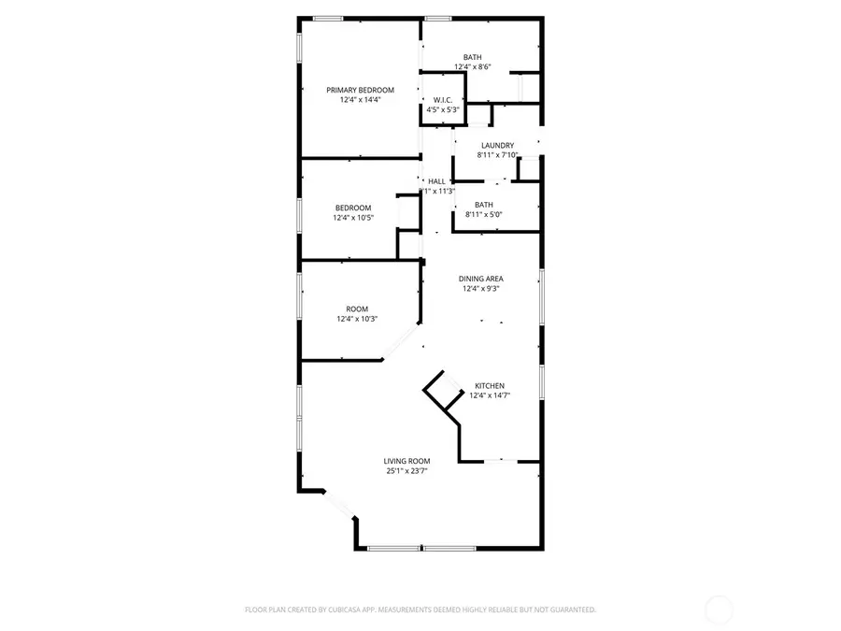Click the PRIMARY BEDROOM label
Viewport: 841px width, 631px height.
360,90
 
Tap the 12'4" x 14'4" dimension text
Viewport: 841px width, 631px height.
360,99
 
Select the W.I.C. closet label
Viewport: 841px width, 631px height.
442,100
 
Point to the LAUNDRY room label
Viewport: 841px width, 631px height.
497,145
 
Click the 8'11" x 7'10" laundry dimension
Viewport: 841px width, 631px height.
497,155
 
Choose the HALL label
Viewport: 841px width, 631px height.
436,180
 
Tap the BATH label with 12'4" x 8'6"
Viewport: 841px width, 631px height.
473,57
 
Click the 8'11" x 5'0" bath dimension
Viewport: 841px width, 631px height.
484,215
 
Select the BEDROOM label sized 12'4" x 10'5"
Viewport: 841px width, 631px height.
353,208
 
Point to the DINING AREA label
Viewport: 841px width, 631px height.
480,279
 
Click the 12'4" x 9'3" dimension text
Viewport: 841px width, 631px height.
480,289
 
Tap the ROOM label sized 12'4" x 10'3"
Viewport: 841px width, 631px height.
357,308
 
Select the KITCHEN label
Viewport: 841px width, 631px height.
490,386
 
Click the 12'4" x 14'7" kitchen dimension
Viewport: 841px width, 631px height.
490,396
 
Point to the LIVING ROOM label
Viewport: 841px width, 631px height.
406,461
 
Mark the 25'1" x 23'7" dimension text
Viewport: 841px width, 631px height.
406,471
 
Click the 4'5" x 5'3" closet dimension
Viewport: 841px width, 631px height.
442,109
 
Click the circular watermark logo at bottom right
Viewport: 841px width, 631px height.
718,610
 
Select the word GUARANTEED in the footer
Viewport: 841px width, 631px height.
572,609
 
